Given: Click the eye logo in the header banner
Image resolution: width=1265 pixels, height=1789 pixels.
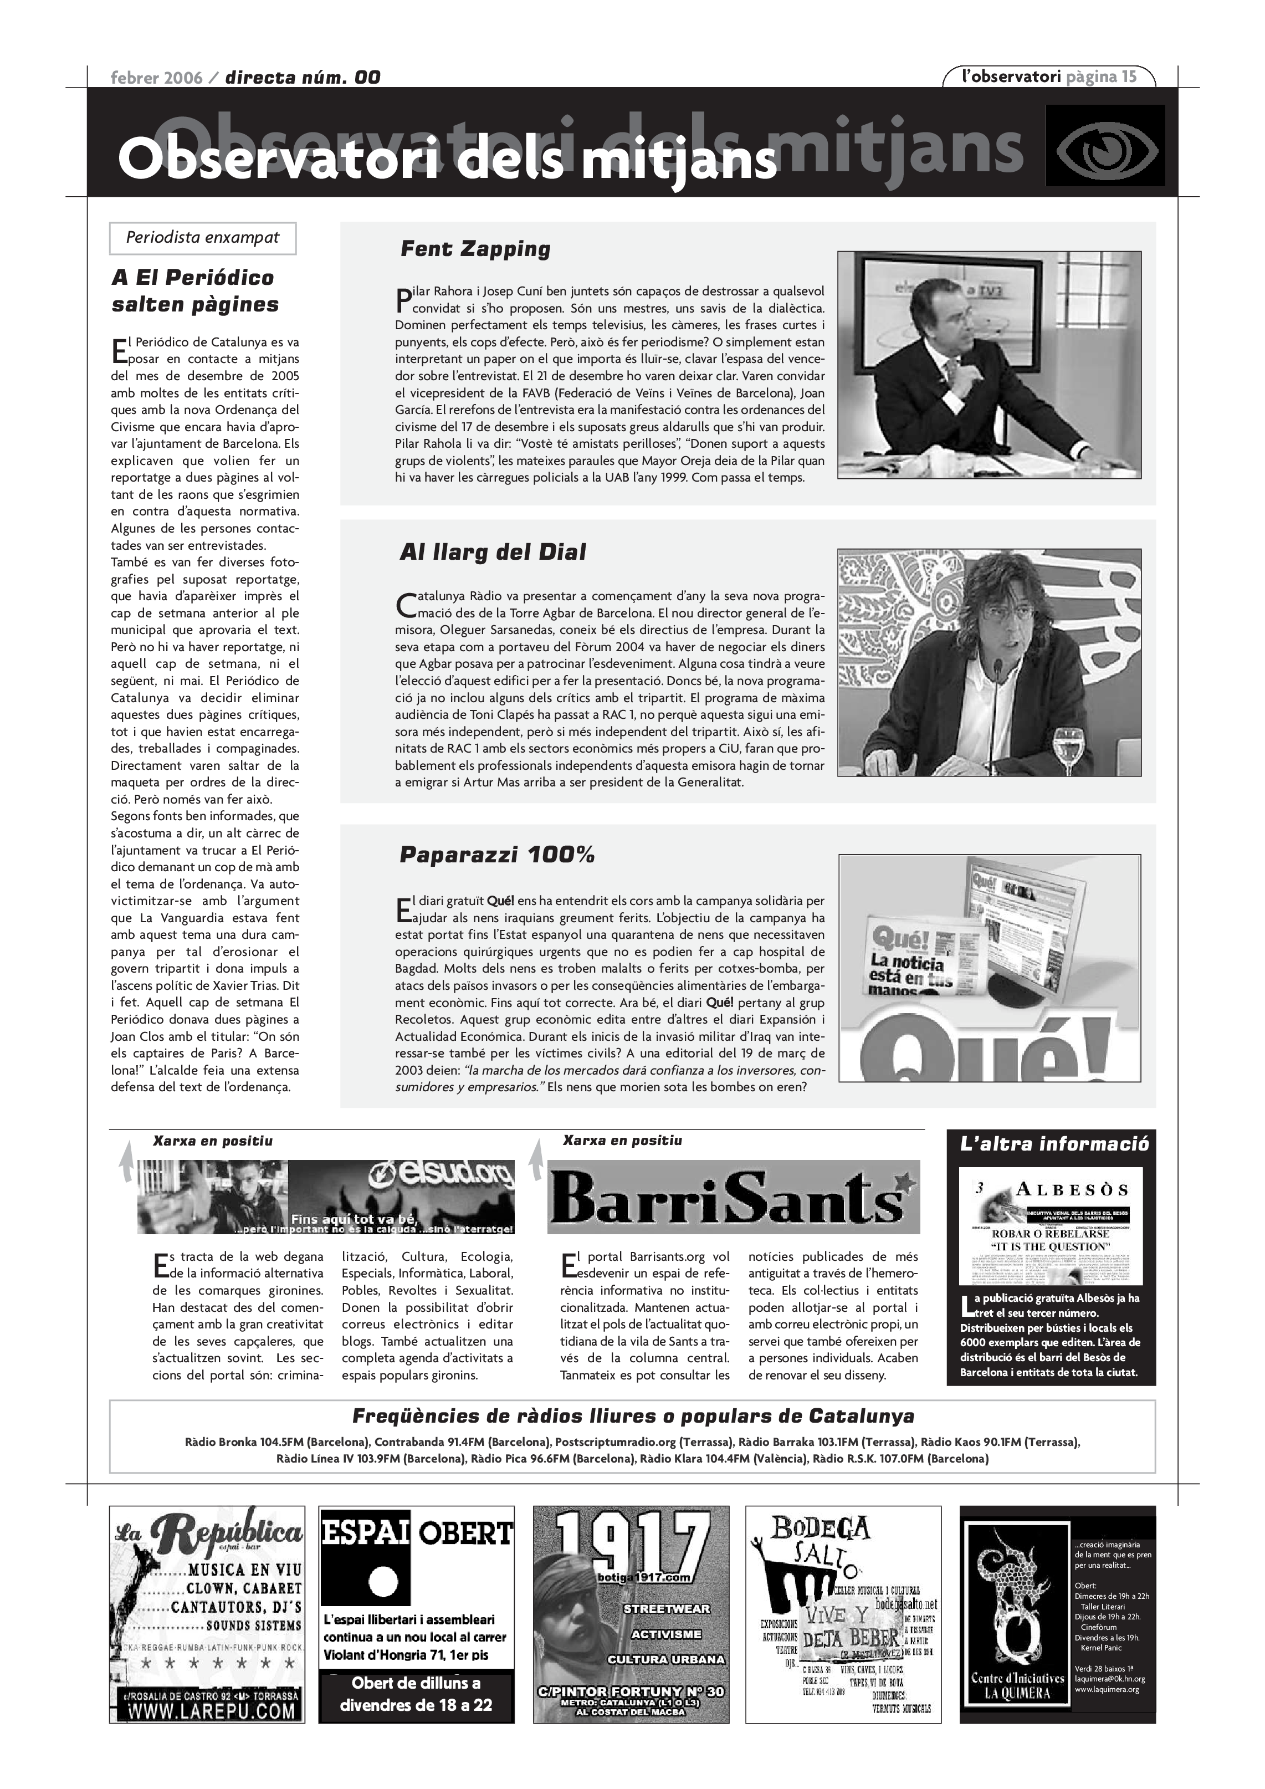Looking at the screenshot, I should click(1104, 146).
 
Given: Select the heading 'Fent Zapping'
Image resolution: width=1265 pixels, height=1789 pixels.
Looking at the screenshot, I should click(475, 249).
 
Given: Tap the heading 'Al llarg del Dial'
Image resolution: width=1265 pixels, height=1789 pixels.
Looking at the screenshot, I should click(492, 553).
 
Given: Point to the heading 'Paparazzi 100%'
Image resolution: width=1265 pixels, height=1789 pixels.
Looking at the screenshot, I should click(497, 855).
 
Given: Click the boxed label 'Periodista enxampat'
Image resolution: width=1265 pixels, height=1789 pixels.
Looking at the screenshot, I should click(203, 238).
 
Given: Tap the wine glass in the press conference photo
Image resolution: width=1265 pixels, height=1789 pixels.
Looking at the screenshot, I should click(1067, 739).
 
